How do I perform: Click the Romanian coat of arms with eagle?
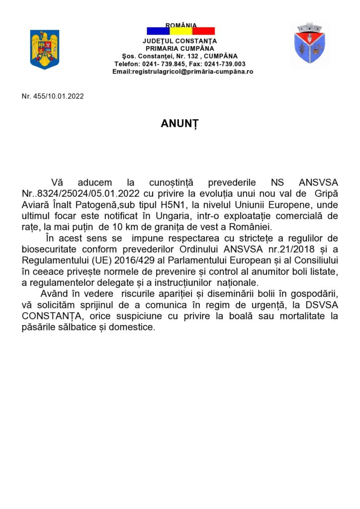point(45,49)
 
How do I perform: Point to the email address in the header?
point(182,72)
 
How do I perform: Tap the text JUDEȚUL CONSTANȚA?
point(180,41)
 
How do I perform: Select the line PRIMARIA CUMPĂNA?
point(180,49)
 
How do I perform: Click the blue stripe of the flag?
point(158,31)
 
